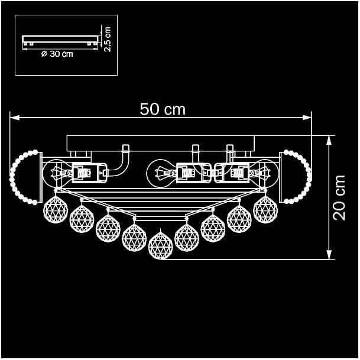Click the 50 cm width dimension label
(163, 109)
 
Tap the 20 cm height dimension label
(339, 197)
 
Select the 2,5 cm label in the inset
(108, 39)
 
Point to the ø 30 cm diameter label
(57, 54)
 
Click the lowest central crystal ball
(160, 246)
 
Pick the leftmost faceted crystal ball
(56, 209)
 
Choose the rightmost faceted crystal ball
(265, 209)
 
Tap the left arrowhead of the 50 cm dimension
(14, 118)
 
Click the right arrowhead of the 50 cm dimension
(307, 118)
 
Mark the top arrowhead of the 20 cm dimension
(329, 140)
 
